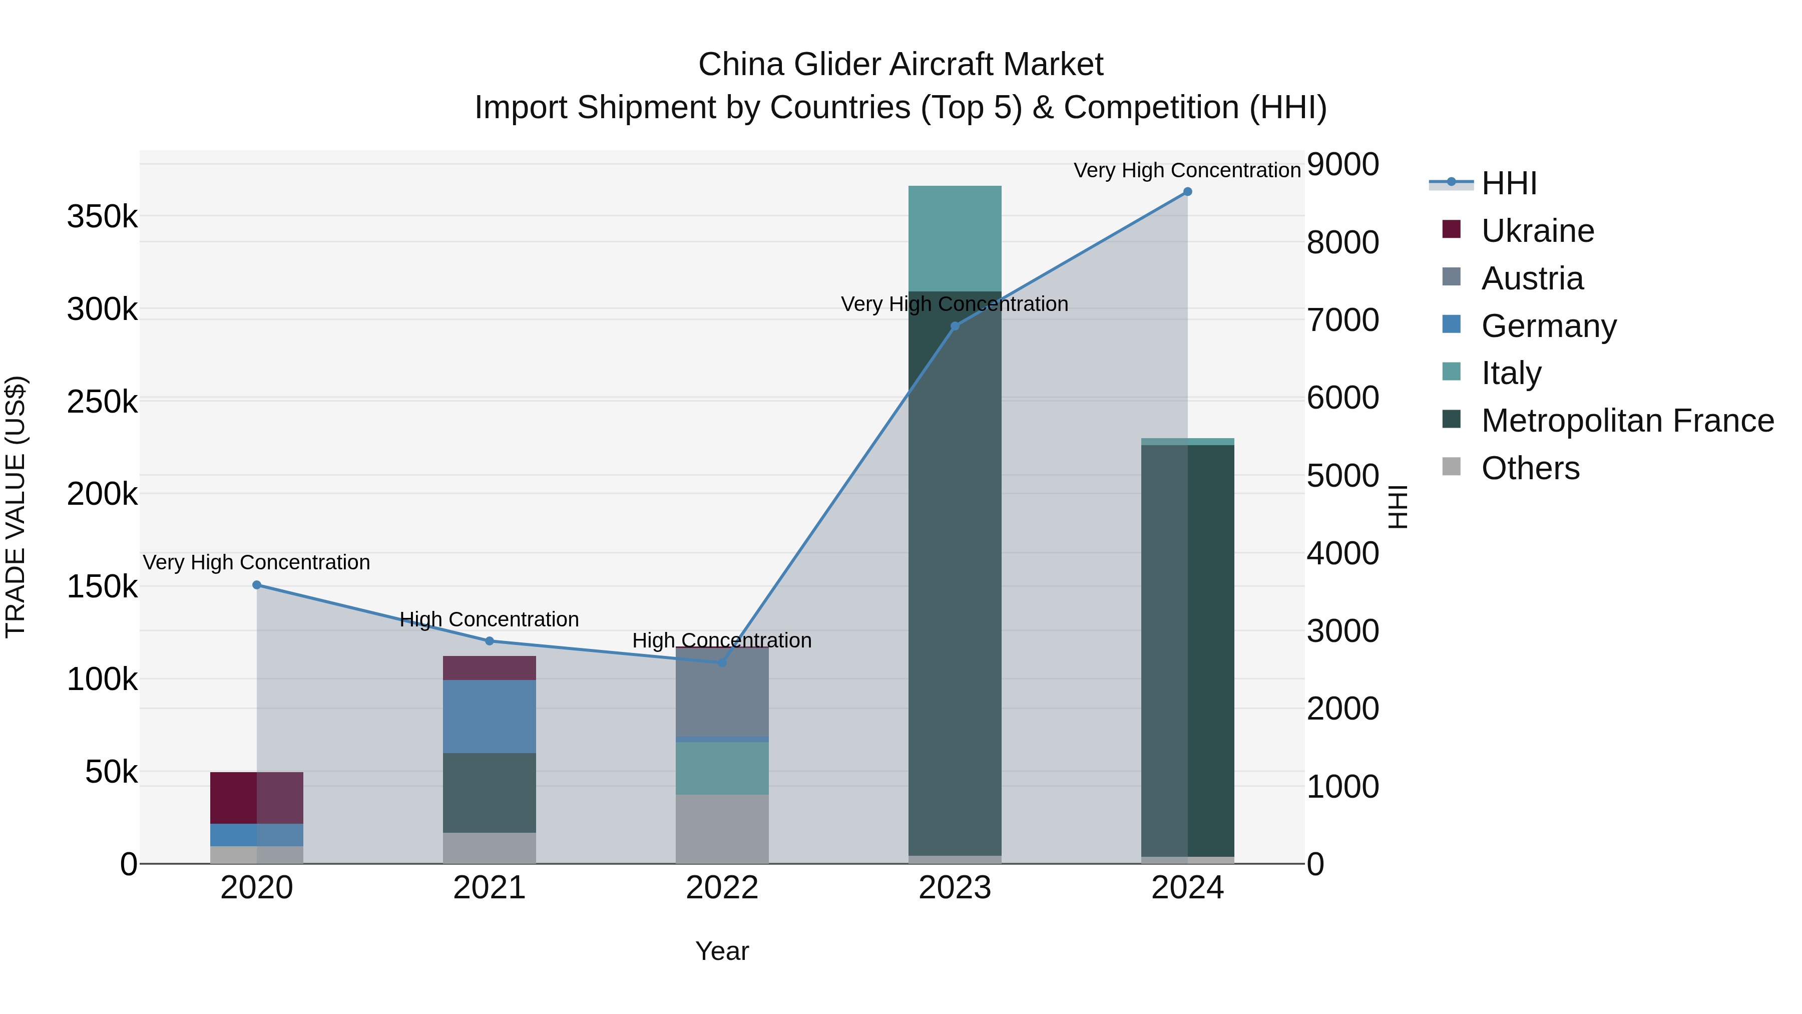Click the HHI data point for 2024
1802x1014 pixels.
click(1187, 192)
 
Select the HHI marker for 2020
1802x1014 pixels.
click(257, 585)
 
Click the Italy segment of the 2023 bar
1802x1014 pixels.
click(955, 238)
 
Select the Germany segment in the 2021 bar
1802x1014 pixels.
click(489, 716)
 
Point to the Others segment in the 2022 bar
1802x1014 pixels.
click(722, 829)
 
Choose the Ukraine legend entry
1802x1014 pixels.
click(1537, 231)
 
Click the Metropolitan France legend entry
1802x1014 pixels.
click(1627, 421)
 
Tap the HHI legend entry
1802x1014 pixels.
click(1509, 183)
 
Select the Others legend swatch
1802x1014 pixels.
click(1452, 467)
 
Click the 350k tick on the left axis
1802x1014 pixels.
click(102, 217)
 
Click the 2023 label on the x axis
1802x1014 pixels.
click(955, 888)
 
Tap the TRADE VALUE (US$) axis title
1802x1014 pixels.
click(16, 507)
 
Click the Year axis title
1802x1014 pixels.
click(722, 951)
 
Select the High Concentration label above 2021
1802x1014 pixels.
click(489, 619)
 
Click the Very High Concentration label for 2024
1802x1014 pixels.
click(1187, 170)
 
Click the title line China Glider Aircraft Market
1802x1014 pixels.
click(900, 65)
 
